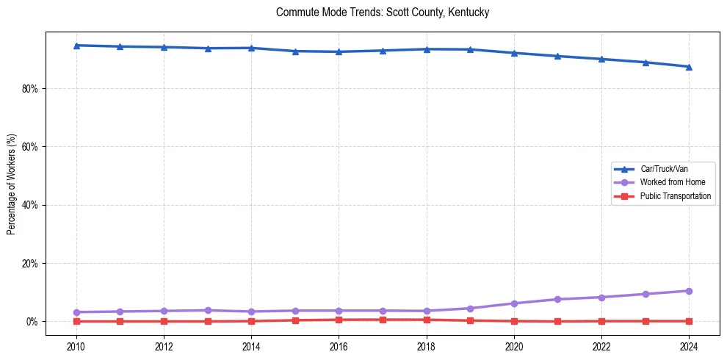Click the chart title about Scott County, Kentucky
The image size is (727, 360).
[382, 12]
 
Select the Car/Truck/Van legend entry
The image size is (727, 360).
[663, 169]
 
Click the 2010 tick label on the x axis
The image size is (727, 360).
[76, 345]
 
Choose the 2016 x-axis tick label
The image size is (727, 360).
[339, 345]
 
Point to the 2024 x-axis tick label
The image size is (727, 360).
[689, 345]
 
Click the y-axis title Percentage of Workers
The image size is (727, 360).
[12, 184]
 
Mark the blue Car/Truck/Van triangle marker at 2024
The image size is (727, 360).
[689, 67]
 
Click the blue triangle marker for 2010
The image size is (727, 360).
[76, 46]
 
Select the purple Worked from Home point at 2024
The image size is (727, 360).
[689, 291]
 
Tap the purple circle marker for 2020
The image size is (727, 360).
[514, 303]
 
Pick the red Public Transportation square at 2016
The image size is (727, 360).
[339, 320]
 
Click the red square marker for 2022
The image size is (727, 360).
[601, 321]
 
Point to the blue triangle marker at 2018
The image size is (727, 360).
[427, 49]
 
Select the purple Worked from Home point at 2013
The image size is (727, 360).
[208, 310]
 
